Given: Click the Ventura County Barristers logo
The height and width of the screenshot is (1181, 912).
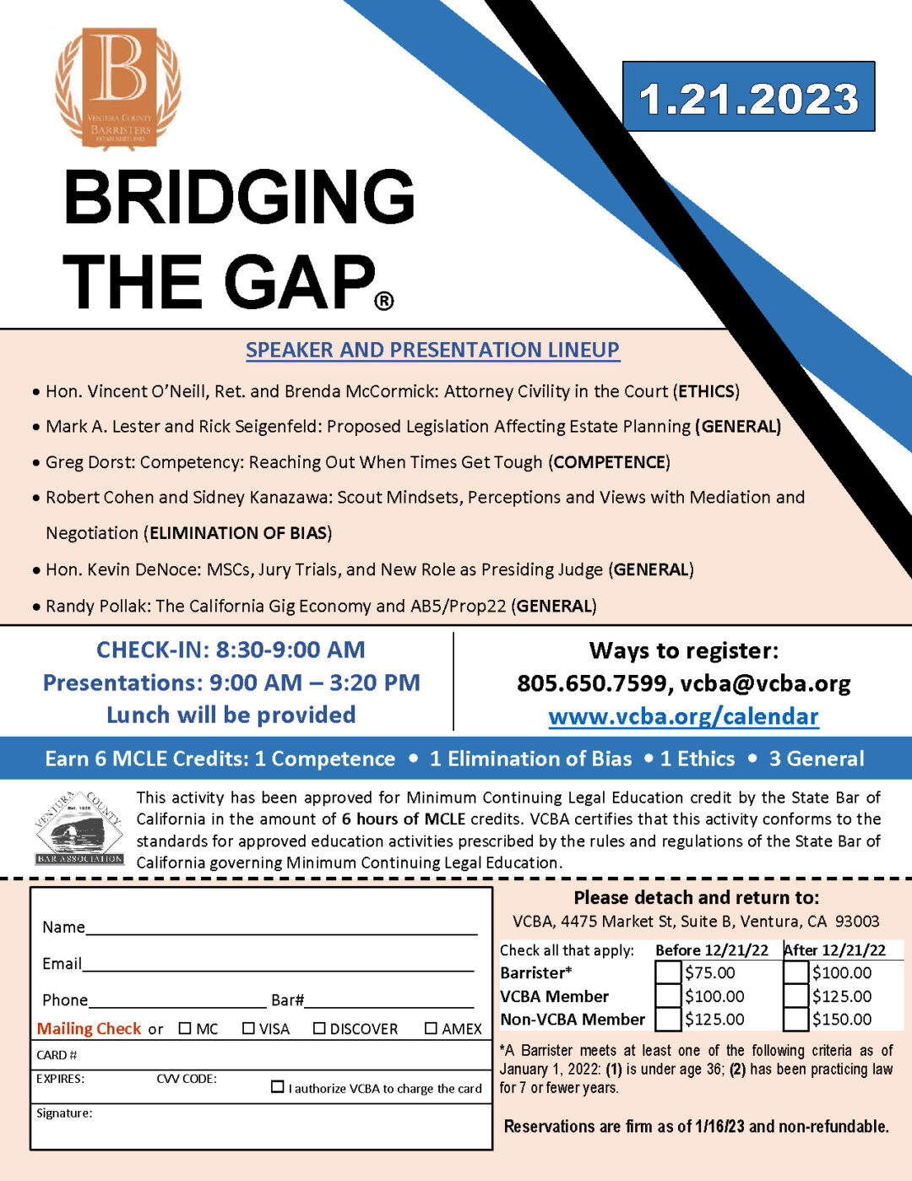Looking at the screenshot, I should point(118,88).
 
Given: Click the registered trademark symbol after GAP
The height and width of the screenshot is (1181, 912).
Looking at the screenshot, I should point(383,301).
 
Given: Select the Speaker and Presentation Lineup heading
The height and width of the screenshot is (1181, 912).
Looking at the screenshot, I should point(432,350).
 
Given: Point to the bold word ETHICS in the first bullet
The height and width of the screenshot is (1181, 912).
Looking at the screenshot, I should point(706,391).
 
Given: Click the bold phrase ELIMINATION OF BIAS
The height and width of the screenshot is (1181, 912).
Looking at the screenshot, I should point(237,533).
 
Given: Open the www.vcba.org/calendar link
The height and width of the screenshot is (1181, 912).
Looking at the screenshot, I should point(683,716).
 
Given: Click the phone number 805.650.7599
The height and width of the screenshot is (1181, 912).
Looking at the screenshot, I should point(591,683).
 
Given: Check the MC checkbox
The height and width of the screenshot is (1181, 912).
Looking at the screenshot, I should point(186,1028).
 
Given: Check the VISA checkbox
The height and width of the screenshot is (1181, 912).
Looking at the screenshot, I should point(248,1028).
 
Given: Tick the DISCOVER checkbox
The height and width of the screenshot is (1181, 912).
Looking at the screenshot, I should point(319,1028).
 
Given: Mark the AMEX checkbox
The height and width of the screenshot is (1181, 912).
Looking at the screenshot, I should point(431,1028).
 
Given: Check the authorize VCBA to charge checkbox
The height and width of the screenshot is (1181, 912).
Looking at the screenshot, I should point(277,1086).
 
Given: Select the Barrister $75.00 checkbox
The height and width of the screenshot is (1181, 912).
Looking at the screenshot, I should point(668,972).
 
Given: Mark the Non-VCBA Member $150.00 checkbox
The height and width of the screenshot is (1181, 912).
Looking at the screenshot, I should point(795,1019).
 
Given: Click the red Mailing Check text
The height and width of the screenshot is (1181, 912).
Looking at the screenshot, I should point(89,1028).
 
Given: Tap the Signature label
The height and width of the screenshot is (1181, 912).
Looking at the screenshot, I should point(64,1113).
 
